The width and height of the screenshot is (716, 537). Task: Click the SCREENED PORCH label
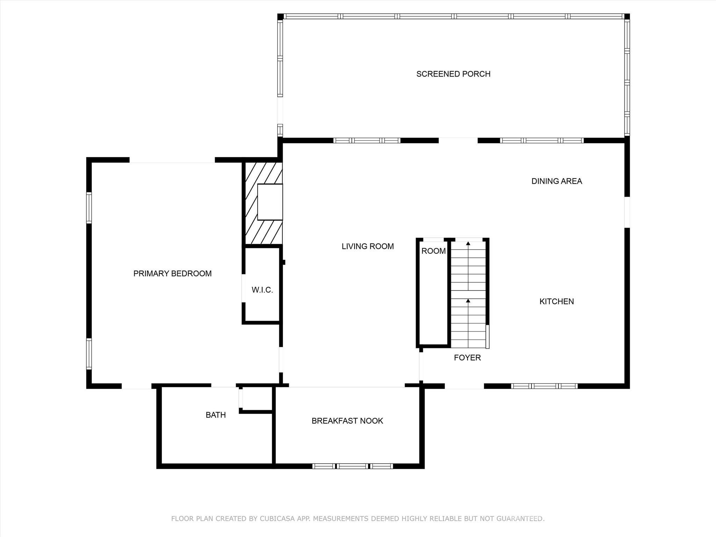pyautogui.click(x=453, y=74)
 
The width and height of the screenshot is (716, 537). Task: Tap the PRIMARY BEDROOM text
pyautogui.click(x=172, y=273)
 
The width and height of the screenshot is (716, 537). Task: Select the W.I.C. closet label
pyautogui.click(x=262, y=290)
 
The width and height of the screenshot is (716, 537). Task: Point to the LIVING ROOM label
pyautogui.click(x=367, y=246)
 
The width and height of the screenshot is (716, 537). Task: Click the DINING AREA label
pyautogui.click(x=557, y=181)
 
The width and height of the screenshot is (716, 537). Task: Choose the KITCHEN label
pyautogui.click(x=557, y=301)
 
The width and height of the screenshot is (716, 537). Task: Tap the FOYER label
pyautogui.click(x=467, y=358)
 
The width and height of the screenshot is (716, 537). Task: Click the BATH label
pyautogui.click(x=216, y=415)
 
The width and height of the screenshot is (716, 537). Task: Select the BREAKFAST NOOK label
pyautogui.click(x=347, y=421)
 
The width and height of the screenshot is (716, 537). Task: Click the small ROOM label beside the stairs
pyautogui.click(x=434, y=251)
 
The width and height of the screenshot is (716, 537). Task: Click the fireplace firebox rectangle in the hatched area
pyautogui.click(x=270, y=202)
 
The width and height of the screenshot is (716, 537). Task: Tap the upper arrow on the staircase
pyautogui.click(x=468, y=244)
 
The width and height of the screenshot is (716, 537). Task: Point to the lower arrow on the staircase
pyautogui.click(x=468, y=301)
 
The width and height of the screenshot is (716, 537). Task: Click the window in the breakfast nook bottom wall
pyautogui.click(x=352, y=466)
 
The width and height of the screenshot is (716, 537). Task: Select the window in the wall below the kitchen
pyautogui.click(x=544, y=386)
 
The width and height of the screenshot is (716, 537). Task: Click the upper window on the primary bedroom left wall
pyautogui.click(x=89, y=208)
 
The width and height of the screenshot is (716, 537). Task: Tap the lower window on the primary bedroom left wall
pyautogui.click(x=89, y=353)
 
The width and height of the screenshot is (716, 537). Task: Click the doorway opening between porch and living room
pyautogui.click(x=458, y=140)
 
